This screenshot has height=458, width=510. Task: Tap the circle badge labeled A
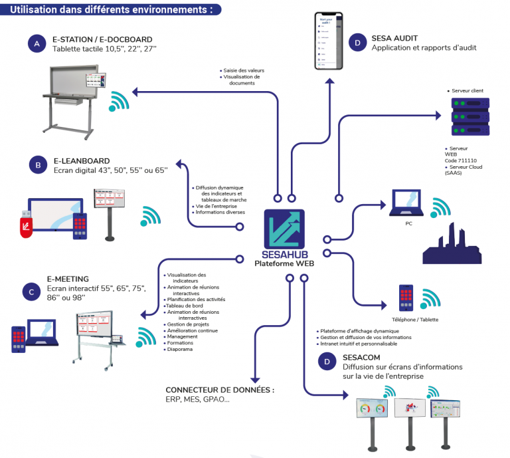coord(37,43)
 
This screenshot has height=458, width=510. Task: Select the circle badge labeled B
coord(37,165)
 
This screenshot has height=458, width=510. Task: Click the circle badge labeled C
coord(31,290)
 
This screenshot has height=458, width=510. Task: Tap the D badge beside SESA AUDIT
coord(357,43)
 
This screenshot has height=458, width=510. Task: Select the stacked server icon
coord(470,116)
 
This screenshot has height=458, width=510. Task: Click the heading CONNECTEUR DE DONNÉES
coord(219,390)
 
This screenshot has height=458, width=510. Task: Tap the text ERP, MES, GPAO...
coord(199,400)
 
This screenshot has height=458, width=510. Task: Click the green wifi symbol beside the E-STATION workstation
coord(120,101)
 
